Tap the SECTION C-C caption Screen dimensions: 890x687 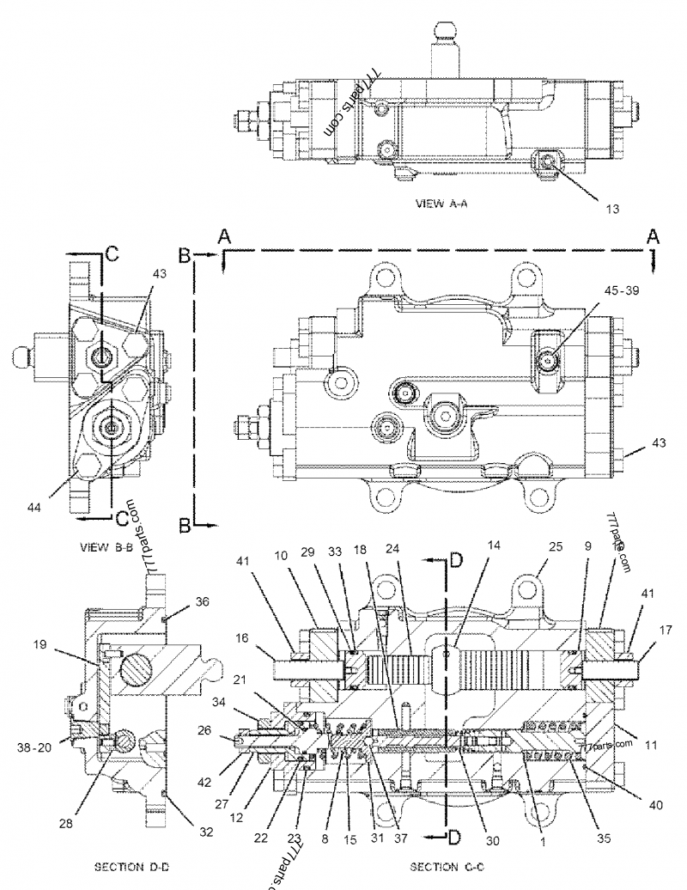(x=442, y=867)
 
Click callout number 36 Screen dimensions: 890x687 (x=203, y=602)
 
